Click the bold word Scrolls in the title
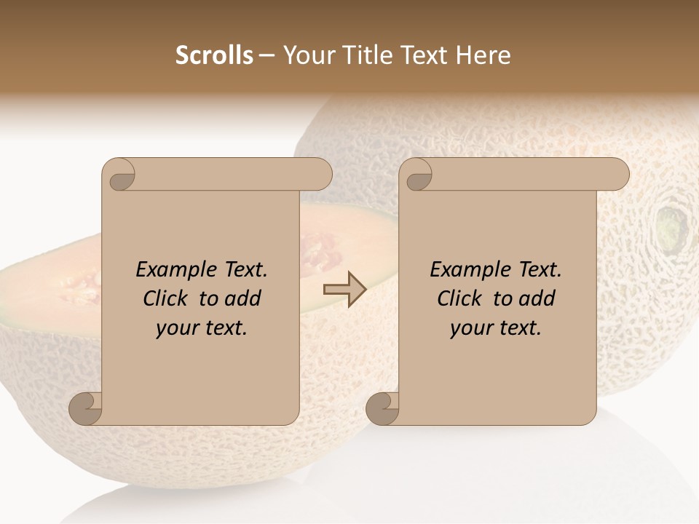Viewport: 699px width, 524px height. pyautogui.click(x=214, y=55)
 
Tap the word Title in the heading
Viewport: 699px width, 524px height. pyautogui.click(x=367, y=55)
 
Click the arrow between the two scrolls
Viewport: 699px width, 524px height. pyautogui.click(x=344, y=289)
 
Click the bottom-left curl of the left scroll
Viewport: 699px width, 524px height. pyautogui.click(x=85, y=409)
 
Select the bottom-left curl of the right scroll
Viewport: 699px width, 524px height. pyautogui.click(x=382, y=409)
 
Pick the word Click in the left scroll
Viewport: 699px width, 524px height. pyautogui.click(x=166, y=298)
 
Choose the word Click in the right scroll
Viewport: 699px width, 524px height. pyautogui.click(x=460, y=298)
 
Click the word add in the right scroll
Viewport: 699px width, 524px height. pyautogui.click(x=535, y=298)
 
